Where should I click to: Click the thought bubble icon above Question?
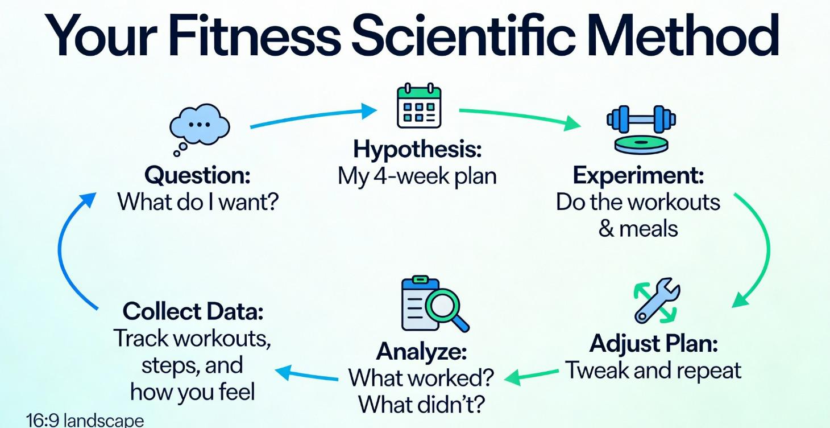[x=200, y=126]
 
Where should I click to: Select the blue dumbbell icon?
[x=641, y=120]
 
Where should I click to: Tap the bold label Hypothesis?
[x=417, y=150]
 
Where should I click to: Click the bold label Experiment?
[x=638, y=175]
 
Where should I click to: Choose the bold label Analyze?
[x=421, y=351]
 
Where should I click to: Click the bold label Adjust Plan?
[x=653, y=343]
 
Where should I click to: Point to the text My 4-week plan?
[x=417, y=176]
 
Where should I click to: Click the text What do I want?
[x=197, y=201]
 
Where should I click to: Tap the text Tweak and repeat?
[x=653, y=371]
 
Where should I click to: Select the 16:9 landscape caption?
[x=85, y=421]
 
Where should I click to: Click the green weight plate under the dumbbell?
[x=641, y=143]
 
